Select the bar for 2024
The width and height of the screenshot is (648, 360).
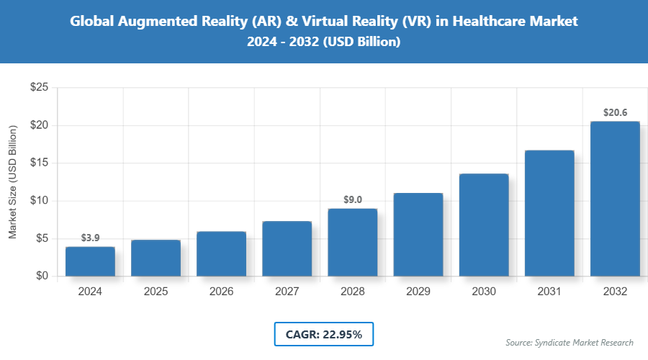[x=90, y=261]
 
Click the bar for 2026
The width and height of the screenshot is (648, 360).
[x=221, y=253]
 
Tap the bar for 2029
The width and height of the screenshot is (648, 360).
[x=418, y=235]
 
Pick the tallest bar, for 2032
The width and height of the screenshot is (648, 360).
[x=615, y=199]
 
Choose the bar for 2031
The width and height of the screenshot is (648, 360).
[x=549, y=213]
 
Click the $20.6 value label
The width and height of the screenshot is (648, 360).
[x=615, y=112]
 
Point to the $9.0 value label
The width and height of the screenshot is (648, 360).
[x=353, y=199]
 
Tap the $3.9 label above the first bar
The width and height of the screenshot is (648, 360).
[x=90, y=238]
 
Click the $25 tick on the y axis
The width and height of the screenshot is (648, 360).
[x=39, y=88]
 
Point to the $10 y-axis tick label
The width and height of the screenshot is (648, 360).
[x=39, y=201]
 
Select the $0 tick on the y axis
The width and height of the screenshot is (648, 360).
[x=42, y=276]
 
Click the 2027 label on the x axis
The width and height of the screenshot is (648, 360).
[x=287, y=292]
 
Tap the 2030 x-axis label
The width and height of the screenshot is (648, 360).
[x=484, y=292]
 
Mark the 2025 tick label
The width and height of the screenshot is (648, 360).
[x=156, y=292]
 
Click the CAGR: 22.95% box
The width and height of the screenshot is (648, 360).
[x=324, y=334]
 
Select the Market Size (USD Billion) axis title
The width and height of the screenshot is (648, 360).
[x=12, y=181]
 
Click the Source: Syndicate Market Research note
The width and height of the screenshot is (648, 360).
[x=570, y=342]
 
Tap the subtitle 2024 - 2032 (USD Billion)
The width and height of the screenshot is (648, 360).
[x=324, y=42]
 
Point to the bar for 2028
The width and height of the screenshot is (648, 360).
[x=353, y=242]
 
